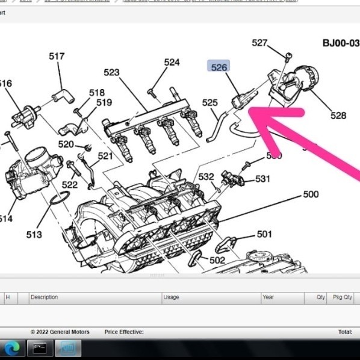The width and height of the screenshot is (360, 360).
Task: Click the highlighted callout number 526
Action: tap(219, 67)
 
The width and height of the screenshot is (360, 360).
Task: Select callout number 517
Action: tap(57, 56)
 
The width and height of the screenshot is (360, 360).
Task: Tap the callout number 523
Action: tap(111, 72)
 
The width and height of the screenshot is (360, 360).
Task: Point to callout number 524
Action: tap(172, 62)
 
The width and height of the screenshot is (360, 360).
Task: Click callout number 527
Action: tap(259, 43)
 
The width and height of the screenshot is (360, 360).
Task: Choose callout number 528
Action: tap(338, 115)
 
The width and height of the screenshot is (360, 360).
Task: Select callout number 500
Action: tap(311, 194)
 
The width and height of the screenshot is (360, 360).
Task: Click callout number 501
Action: tap(264, 234)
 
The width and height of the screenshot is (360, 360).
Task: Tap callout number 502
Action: tap(217, 260)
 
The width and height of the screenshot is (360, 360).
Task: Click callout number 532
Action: tap(206, 176)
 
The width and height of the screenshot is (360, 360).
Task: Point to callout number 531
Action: tap(262, 179)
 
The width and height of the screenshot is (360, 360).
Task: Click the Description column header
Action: tap(44, 297)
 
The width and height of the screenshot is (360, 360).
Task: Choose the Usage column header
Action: tap(171, 297)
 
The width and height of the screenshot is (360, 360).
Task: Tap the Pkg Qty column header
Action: tap(343, 297)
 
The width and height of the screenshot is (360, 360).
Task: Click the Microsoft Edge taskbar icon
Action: tap(12, 348)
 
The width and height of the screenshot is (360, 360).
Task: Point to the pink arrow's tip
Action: tap(252, 110)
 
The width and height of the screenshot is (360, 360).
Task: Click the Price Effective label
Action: tap(124, 332)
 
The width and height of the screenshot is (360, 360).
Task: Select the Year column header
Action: tap(268, 297)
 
